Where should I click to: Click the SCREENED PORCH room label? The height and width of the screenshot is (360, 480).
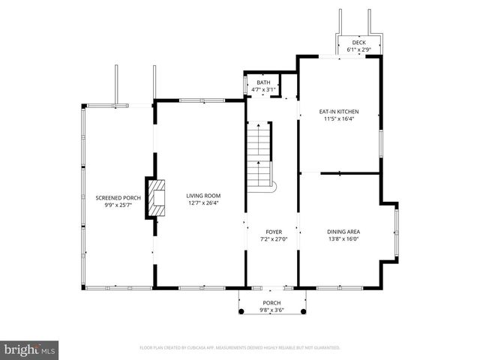pyautogui.click(x=118, y=197)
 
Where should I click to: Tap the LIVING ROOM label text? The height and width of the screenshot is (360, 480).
pyautogui.click(x=204, y=196)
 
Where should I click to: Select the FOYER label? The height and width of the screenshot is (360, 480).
pyautogui.click(x=273, y=232)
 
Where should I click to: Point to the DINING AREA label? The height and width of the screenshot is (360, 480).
pyautogui.click(x=343, y=232)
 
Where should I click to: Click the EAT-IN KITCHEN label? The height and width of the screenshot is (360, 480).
pyautogui.click(x=339, y=112)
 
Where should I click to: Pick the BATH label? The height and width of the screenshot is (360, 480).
pyautogui.click(x=263, y=82)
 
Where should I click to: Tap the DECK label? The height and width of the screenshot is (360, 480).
pyautogui.click(x=359, y=43)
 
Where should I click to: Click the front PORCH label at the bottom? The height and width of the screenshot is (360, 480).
pyautogui.click(x=271, y=303)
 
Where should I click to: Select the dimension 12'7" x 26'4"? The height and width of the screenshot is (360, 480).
pyautogui.click(x=204, y=202)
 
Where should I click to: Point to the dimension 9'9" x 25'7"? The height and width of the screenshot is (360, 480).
pyautogui.click(x=118, y=204)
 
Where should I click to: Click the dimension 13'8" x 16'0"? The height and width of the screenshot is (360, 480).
pyautogui.click(x=343, y=239)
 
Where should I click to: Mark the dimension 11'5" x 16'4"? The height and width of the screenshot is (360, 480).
pyautogui.click(x=339, y=118)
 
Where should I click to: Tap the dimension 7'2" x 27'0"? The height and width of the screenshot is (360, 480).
pyautogui.click(x=273, y=239)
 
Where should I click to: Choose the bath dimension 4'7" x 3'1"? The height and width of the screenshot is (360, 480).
pyautogui.click(x=263, y=89)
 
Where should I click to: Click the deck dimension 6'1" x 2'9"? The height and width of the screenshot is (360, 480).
pyautogui.click(x=359, y=49)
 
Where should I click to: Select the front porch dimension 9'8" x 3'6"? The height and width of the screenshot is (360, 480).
pyautogui.click(x=271, y=310)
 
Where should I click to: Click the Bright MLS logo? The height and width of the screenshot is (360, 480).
pyautogui.click(x=30, y=349)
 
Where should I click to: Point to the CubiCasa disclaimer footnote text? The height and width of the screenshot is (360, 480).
pyautogui.click(x=240, y=348)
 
